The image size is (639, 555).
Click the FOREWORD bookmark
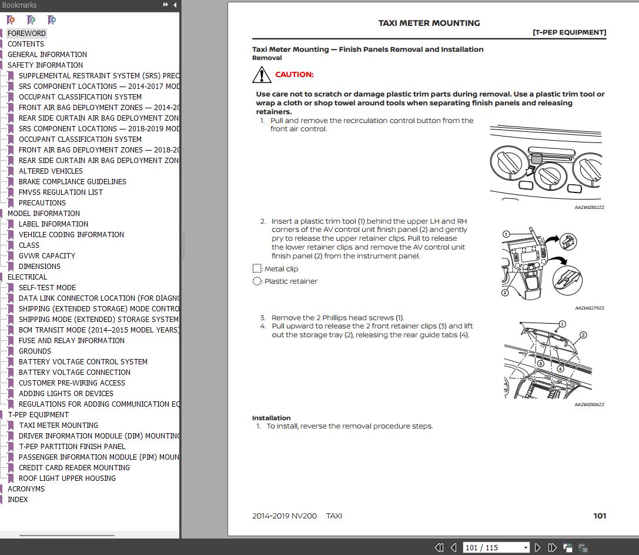(26, 34)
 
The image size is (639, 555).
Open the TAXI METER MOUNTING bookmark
(58, 426)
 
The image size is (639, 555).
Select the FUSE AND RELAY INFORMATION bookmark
(71, 341)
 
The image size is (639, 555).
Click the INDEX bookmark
(18, 500)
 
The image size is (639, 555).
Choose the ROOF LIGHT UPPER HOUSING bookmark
(67, 478)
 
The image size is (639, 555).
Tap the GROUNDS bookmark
(35, 351)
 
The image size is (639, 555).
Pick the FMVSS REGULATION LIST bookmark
(61, 192)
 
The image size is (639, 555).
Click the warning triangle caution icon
(262, 75)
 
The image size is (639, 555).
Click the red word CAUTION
(294, 75)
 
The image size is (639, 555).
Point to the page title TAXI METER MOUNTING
(429, 23)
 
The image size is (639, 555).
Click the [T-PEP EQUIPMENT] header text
(569, 32)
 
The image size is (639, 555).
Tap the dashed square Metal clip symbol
(257, 269)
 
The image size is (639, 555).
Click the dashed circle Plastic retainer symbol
(257, 281)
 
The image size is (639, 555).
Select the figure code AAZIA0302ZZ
(589, 208)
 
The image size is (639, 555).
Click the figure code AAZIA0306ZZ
(589, 405)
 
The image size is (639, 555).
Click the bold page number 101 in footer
(599, 516)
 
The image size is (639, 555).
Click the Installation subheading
(271, 418)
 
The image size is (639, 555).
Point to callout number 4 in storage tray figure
(561, 369)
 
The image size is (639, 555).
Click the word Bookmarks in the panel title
(19, 5)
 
